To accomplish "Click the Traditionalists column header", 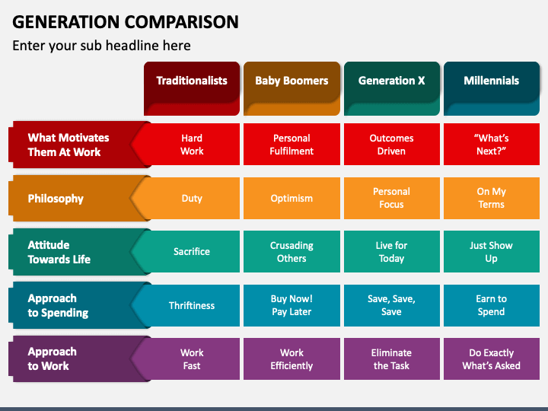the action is point(192,88).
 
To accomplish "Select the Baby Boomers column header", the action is point(292,88).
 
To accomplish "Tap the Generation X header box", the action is point(392,88).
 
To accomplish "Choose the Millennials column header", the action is point(492,88).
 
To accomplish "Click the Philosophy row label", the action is point(70,198).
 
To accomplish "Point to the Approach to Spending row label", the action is point(70,305).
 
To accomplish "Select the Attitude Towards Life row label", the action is point(70,252).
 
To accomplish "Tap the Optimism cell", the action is point(292,198).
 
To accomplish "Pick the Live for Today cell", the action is point(392,252).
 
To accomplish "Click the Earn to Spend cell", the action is point(492,305).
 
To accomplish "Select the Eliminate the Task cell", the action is point(392,358).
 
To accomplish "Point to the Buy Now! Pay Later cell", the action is point(292,305).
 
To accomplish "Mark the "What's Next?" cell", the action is point(492,144).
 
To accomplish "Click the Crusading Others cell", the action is point(292,252).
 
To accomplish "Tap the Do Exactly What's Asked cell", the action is point(492,358).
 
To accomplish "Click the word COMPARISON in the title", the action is point(182,21).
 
